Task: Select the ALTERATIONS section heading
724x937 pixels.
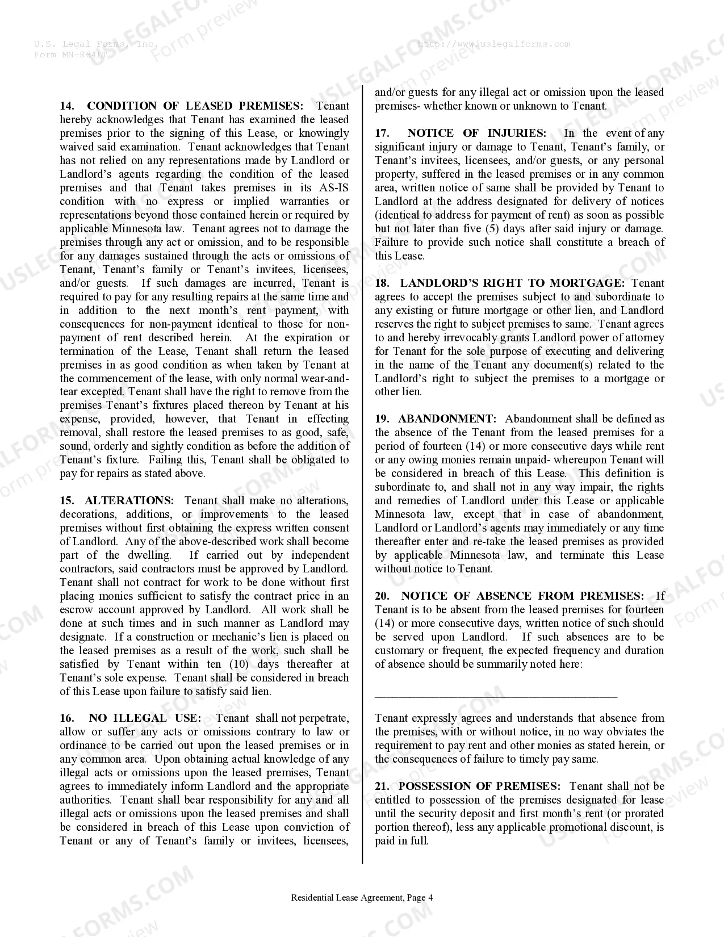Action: [x=129, y=501]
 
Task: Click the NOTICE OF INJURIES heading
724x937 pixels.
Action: [x=476, y=133]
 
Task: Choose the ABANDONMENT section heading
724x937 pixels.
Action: [x=447, y=419]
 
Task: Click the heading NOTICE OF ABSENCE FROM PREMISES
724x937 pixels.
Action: [x=522, y=596]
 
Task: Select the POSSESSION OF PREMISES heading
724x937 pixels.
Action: [x=479, y=787]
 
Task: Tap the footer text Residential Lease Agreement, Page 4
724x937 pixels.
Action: [x=362, y=898]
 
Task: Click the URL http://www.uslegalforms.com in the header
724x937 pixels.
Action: [x=493, y=44]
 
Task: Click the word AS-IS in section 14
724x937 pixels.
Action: [x=332, y=188]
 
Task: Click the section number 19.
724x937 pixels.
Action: [x=382, y=419]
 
